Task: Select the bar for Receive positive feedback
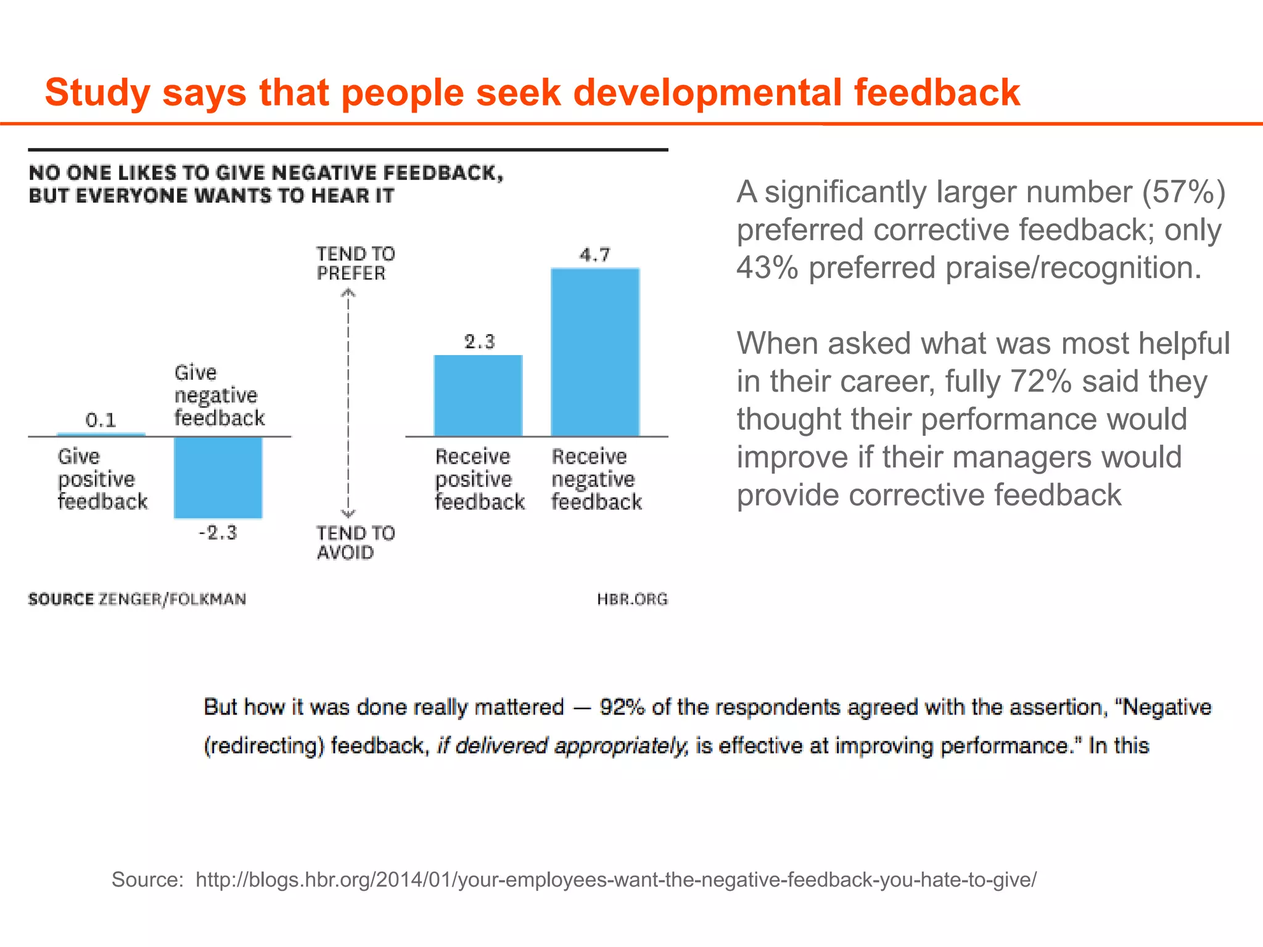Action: click(x=478, y=396)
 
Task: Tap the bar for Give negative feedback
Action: click(x=218, y=477)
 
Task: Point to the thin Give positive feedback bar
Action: click(x=101, y=435)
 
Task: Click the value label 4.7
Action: click(x=595, y=255)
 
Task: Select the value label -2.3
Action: click(x=218, y=533)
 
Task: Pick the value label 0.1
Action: click(x=101, y=420)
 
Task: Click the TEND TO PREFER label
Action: click(x=355, y=263)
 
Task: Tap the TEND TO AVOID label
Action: click(x=355, y=543)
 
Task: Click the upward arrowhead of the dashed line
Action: click(x=348, y=293)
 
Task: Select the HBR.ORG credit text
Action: click(x=632, y=599)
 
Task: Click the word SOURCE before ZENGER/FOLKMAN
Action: click(x=61, y=599)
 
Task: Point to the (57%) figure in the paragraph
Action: click(x=1183, y=192)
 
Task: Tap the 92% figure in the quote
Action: click(x=622, y=707)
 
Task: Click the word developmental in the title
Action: click(x=707, y=92)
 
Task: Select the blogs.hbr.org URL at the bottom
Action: click(x=615, y=879)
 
